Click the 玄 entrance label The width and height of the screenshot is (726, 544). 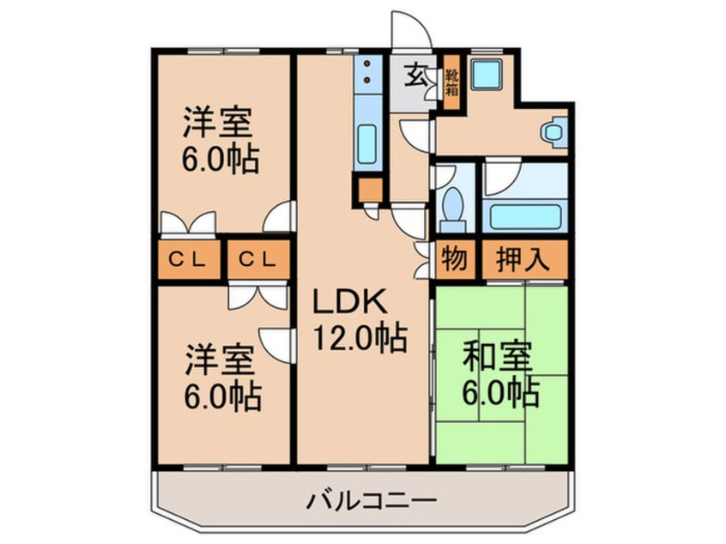click(414, 76)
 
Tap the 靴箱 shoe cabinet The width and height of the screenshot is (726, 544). click(452, 82)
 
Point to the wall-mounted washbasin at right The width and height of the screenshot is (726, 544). click(554, 131)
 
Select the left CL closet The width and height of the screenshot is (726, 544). click(190, 259)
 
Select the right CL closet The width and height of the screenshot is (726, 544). click(259, 259)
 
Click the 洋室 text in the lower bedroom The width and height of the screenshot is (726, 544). click(218, 360)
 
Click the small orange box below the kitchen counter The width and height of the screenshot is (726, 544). click(370, 189)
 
